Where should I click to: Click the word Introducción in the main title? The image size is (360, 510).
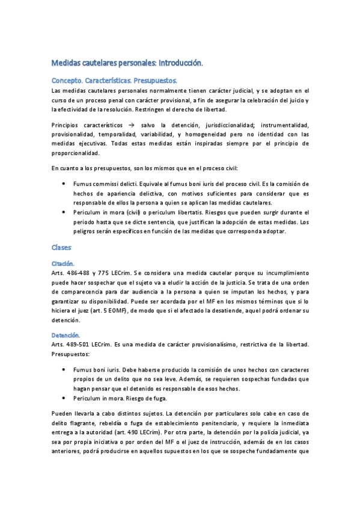(180, 63)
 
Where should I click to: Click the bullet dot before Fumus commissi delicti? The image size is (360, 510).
(64, 183)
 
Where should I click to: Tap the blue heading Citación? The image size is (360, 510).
(63, 263)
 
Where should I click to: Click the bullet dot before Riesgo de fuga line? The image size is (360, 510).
(64, 399)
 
